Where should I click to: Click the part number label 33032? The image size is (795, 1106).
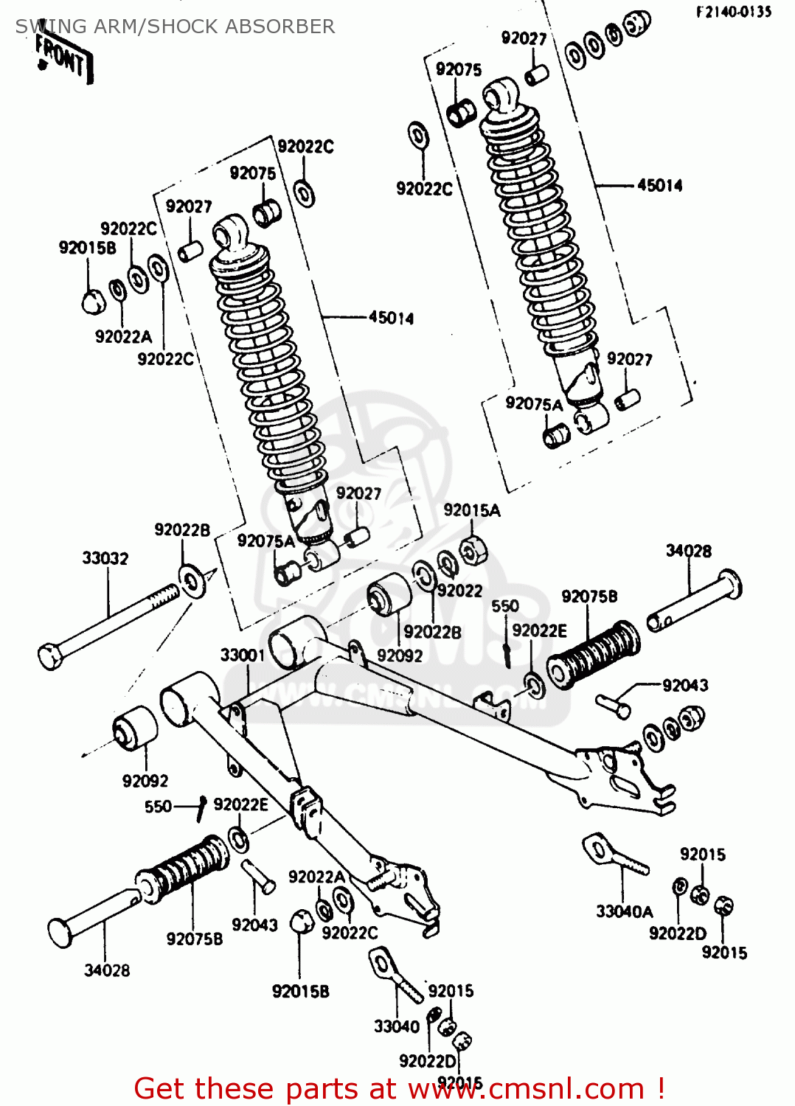pyautogui.click(x=105, y=558)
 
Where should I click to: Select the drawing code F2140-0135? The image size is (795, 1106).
pyautogui.click(x=733, y=11)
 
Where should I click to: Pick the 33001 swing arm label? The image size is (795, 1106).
pyautogui.click(x=242, y=655)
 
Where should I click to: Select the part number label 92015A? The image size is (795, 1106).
pyautogui.click(x=471, y=510)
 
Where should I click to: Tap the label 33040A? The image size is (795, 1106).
pyautogui.click(x=624, y=911)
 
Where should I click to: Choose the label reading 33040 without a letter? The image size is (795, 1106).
pyautogui.click(x=396, y=1026)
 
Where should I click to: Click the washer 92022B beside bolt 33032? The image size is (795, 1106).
pyautogui.click(x=192, y=581)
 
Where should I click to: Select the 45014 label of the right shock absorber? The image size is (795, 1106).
pyautogui.click(x=659, y=185)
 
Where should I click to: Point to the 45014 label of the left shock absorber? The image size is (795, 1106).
pyautogui.click(x=391, y=318)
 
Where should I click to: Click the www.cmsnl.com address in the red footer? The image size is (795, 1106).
pyautogui.click(x=527, y=1088)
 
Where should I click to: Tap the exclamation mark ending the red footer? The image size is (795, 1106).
pyautogui.click(x=661, y=1088)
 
